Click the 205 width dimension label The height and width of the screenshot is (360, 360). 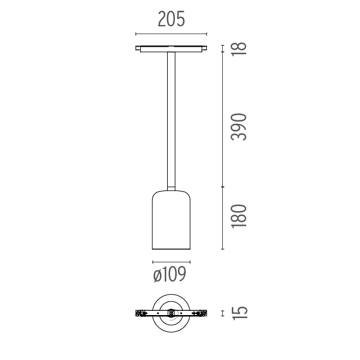171,19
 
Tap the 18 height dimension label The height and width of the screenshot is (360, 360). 239,49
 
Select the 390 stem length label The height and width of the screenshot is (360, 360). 239,127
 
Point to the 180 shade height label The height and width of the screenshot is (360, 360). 239,216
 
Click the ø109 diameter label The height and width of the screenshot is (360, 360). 170,274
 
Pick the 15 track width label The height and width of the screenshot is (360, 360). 240,313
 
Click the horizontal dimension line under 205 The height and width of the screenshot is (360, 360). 171,34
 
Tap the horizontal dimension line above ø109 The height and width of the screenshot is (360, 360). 171,262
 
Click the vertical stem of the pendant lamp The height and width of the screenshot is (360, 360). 171,120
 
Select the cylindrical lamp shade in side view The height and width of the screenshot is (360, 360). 171,220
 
